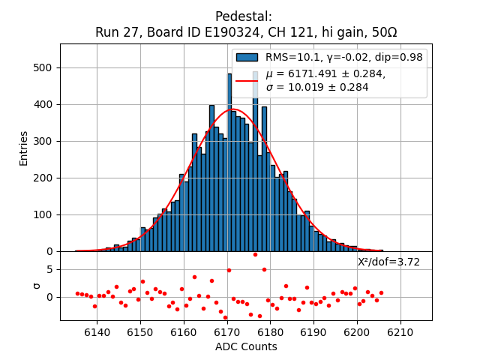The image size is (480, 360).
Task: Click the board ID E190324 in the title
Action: tap(211, 33)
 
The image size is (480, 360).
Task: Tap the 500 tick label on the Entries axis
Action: tap(43, 67)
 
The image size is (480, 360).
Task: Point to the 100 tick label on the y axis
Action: tap(43, 214)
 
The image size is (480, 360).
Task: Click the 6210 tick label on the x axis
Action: tap(400, 332)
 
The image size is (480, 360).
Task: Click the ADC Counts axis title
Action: tap(246, 346)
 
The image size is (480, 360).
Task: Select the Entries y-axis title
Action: tap(24, 148)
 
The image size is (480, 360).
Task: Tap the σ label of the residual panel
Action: tap(36, 286)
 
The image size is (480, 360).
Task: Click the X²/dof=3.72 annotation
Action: tap(388, 262)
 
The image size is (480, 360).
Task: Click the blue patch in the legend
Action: tap(247, 57)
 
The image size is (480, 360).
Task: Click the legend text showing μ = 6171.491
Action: tap(325, 73)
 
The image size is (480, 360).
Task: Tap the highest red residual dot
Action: tap(255, 254)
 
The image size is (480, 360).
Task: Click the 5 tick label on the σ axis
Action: tap(49, 269)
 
